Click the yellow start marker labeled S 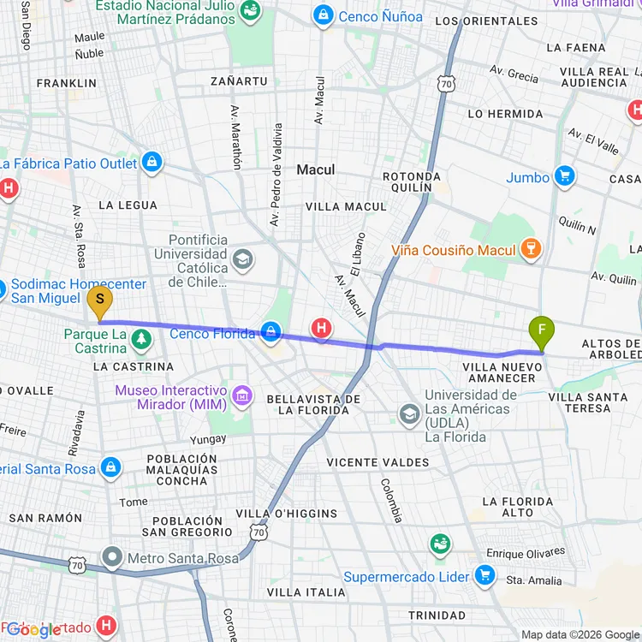100,300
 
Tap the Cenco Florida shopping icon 271,332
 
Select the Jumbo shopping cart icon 563,177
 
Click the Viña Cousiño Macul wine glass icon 532,249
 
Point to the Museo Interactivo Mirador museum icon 242,395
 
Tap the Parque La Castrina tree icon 141,341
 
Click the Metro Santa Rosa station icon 112,560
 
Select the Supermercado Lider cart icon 485,576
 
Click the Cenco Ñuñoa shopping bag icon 323,15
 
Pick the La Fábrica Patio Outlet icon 152,163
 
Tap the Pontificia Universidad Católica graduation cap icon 243,258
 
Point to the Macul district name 315,169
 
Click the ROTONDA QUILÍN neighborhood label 412,181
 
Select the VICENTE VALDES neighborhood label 377,462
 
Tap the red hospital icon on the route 322,327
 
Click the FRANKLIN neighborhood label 67,83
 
